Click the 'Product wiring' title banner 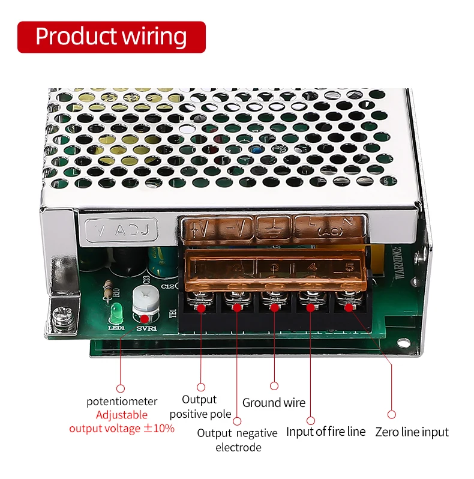[112, 37]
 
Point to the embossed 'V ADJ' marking [122, 229]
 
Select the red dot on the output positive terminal [202, 308]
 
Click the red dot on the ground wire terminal [274, 307]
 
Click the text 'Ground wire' [274, 403]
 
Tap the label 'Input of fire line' [325, 432]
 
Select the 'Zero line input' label [412, 432]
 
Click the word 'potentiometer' [122, 402]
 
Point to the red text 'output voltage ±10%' [122, 428]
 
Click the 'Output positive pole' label [200, 406]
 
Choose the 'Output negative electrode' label [238, 440]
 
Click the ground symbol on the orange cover [275, 229]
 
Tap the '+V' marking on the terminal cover [199, 228]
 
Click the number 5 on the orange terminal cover [347, 267]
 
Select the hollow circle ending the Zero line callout [392, 414]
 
